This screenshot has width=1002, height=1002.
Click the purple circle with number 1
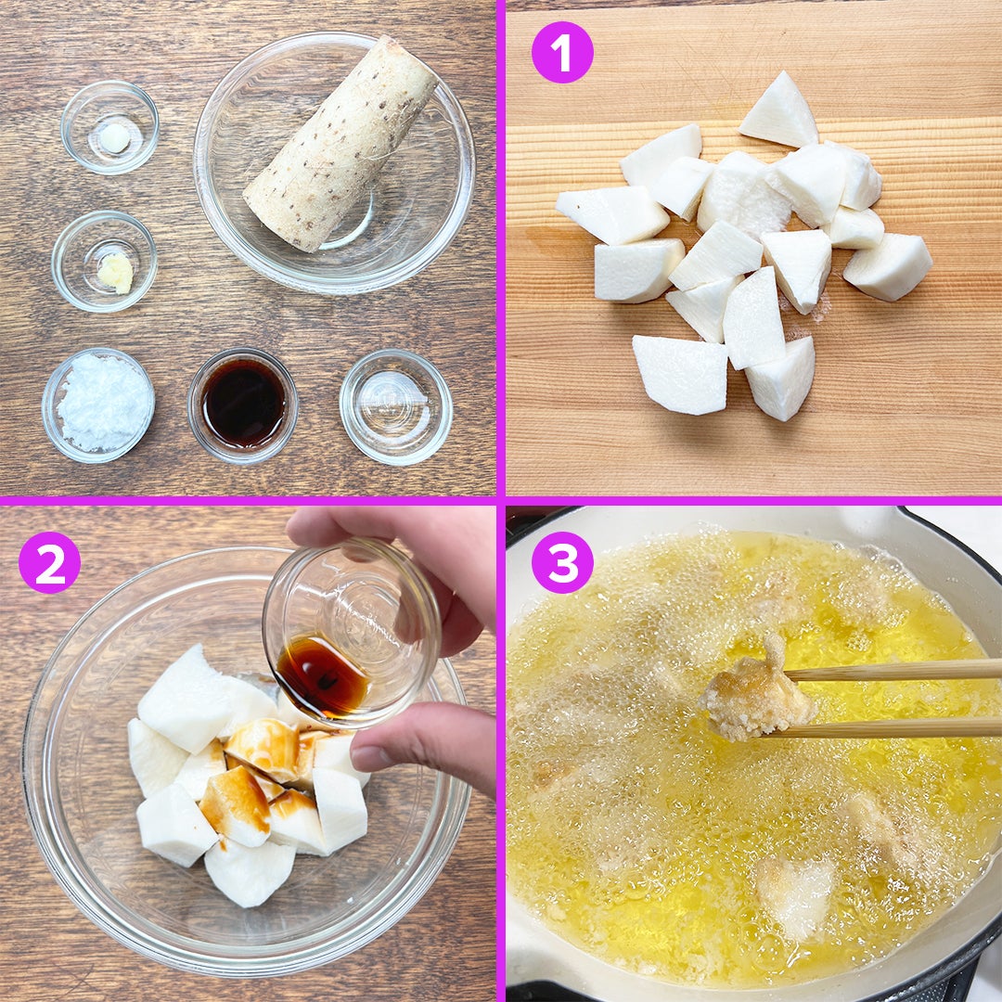coord(562,52)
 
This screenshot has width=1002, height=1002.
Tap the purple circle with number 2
coord(50,562)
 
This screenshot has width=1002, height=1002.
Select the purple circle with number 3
coord(562,562)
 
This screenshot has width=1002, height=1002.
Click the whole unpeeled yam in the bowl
coord(341,144)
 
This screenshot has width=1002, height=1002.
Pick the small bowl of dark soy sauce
coord(243,405)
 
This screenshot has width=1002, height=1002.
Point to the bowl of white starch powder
coord(98,404)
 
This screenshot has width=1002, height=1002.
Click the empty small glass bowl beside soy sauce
coord(395,406)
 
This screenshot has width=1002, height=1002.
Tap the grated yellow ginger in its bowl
coord(116,272)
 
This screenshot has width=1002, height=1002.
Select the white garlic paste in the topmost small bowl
coord(114,138)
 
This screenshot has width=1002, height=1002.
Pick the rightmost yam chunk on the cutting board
coord(888,266)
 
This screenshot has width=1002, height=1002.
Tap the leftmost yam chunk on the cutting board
coord(611,214)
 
